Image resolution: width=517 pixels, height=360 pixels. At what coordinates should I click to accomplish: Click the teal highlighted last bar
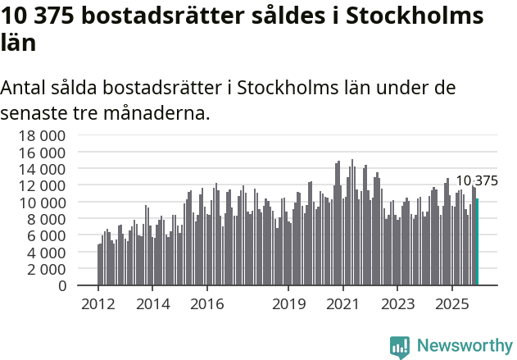(x=477, y=242)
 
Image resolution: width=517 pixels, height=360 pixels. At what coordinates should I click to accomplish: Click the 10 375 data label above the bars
(x=476, y=181)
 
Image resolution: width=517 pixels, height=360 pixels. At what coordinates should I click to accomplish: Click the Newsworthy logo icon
(x=400, y=347)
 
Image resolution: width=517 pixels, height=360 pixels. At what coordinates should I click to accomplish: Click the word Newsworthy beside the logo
(x=465, y=347)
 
